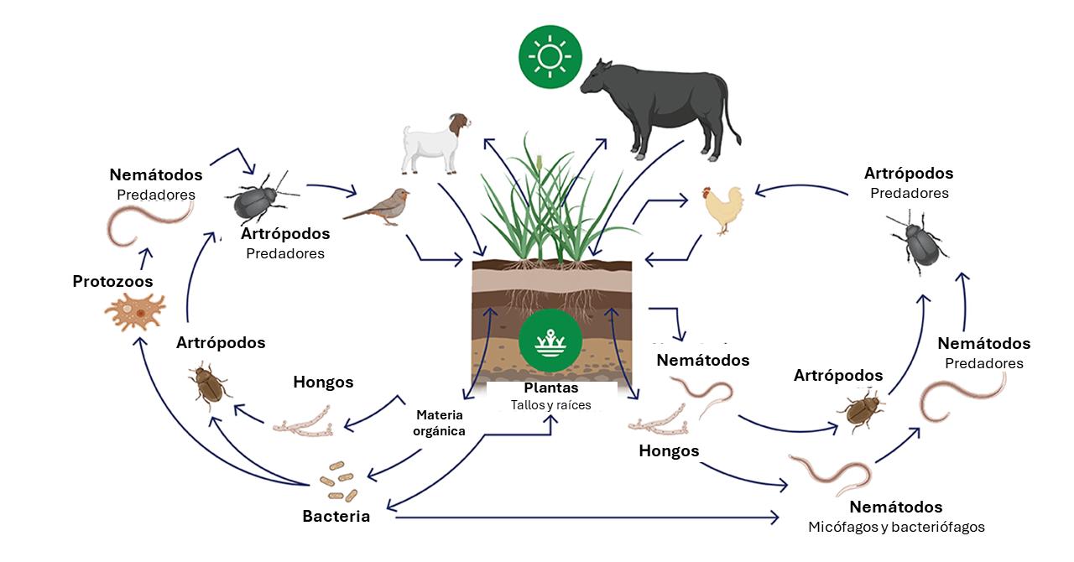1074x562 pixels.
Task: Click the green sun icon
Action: [550, 57]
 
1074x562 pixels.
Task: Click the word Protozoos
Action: [112, 282]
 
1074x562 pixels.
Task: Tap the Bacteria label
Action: [336, 516]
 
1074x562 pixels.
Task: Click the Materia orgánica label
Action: [439, 423]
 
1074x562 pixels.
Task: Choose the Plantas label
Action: [550, 388]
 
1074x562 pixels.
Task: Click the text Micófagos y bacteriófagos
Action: [896, 528]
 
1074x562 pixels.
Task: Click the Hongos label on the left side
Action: [323, 382]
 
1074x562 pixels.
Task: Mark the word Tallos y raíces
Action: [550, 405]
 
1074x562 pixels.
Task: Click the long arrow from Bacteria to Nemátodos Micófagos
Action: [587, 518]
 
